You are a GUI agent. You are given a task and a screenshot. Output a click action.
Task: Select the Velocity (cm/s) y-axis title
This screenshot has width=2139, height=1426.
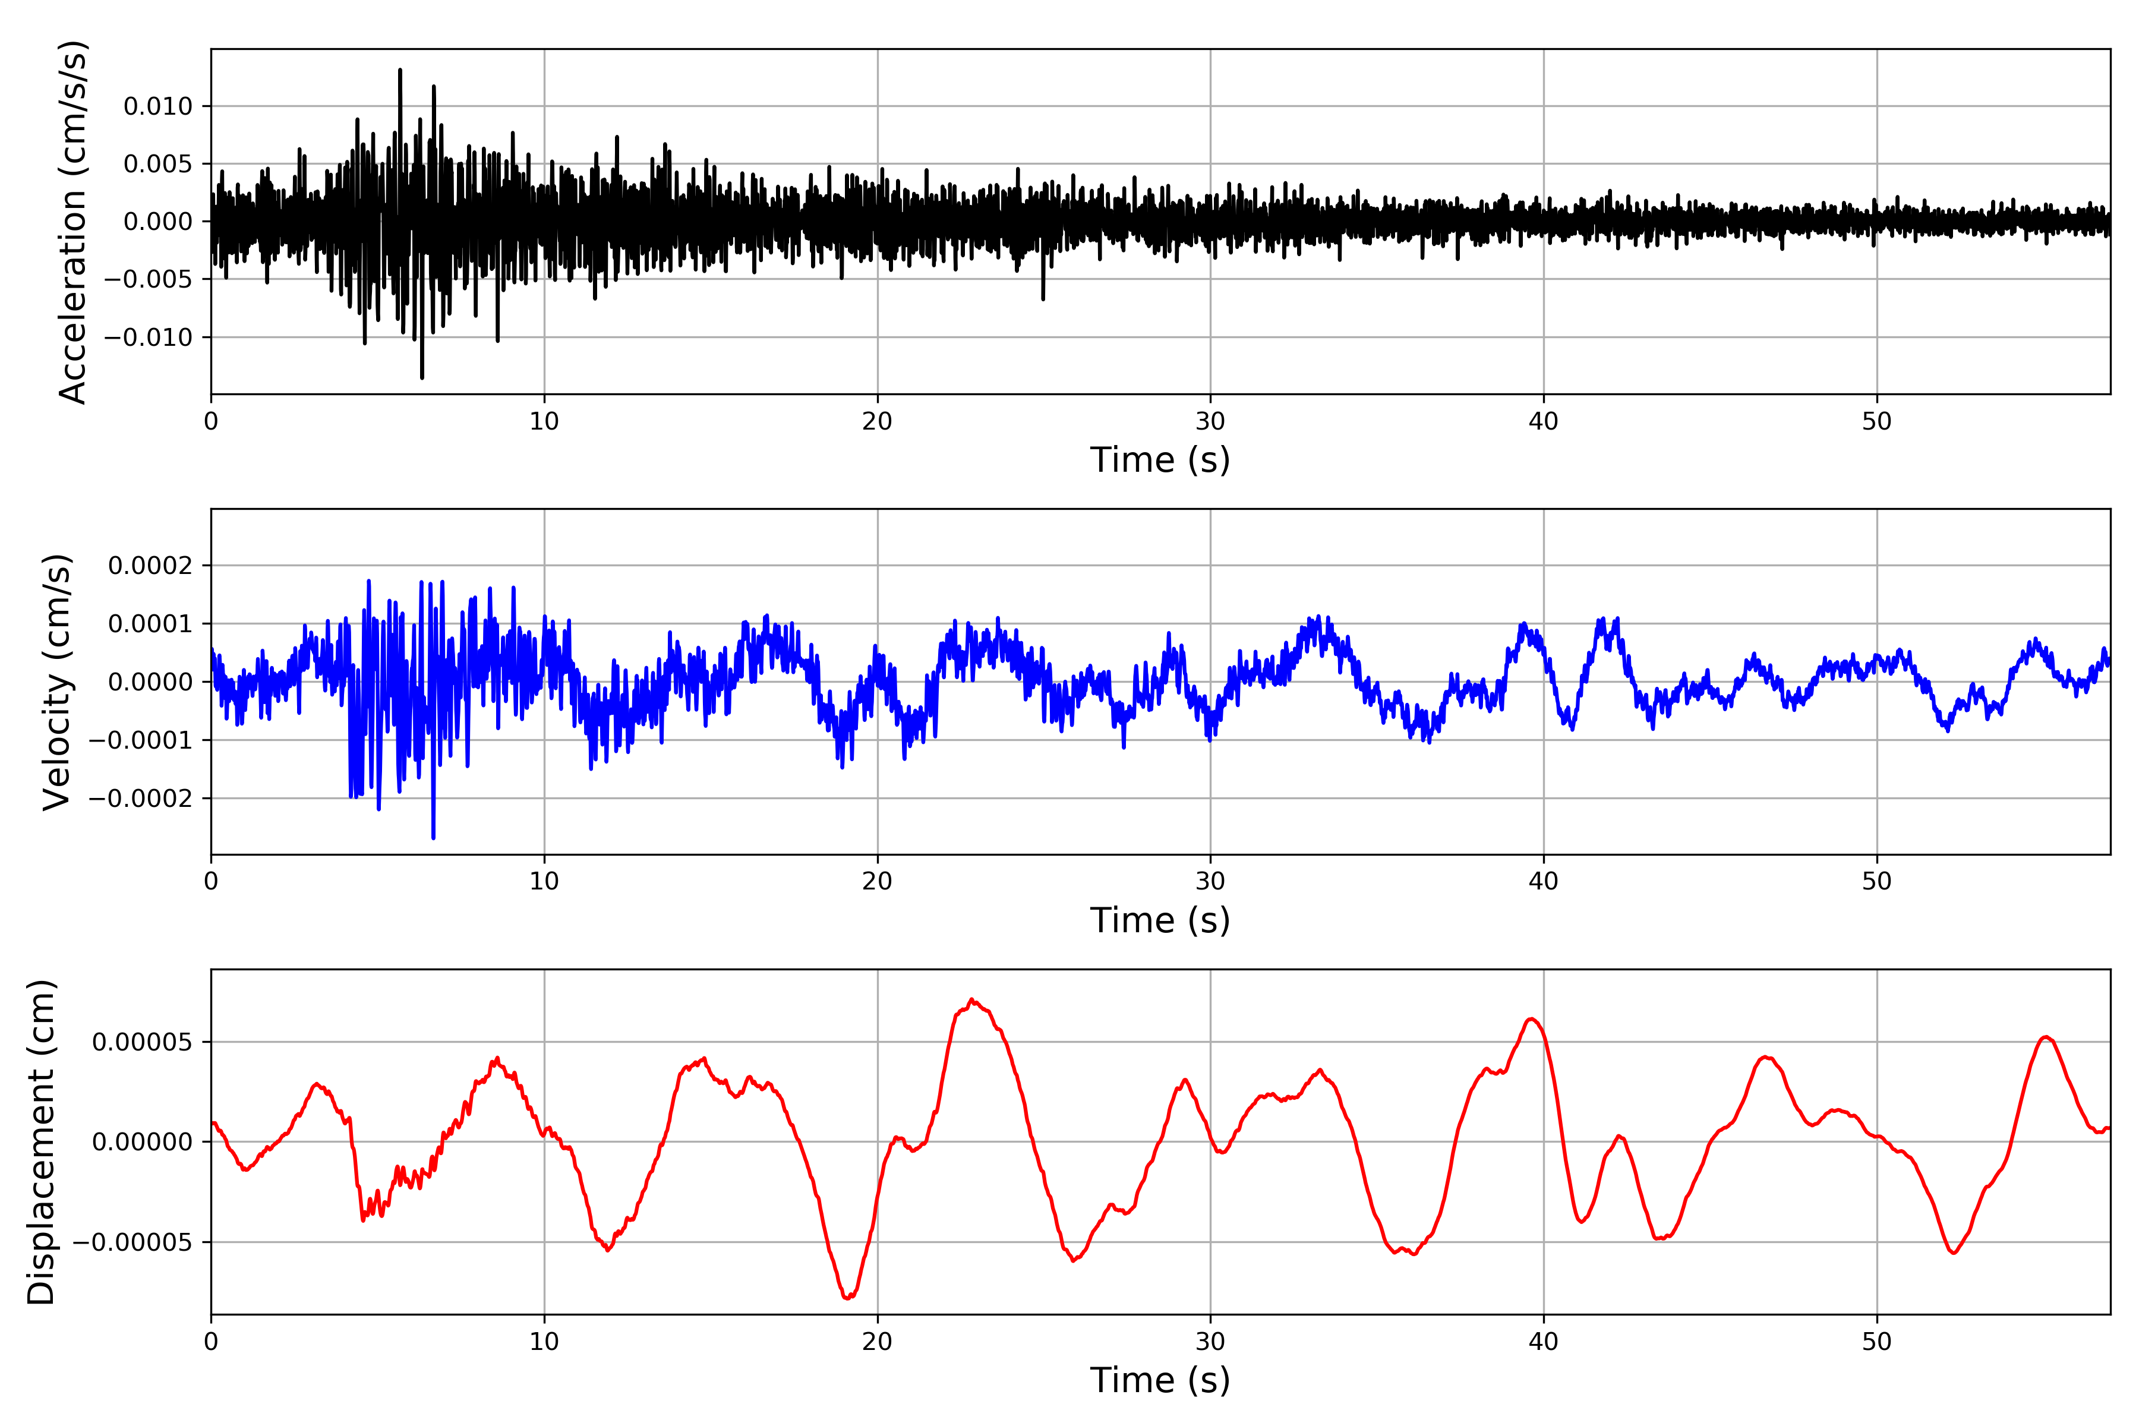(57, 682)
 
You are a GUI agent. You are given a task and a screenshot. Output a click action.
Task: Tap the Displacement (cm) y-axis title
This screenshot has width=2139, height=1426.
(42, 1142)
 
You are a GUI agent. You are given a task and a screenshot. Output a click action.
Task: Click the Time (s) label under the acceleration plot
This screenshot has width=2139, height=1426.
(1160, 460)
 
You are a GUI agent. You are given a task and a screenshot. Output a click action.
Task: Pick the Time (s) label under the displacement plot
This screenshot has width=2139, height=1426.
(1160, 1380)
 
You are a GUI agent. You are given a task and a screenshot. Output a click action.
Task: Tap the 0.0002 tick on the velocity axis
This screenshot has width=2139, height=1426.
(150, 566)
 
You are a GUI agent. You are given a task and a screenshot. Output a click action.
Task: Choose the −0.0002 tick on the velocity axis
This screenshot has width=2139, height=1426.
(140, 799)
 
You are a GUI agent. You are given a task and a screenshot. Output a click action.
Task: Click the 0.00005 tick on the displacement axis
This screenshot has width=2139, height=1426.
(142, 1042)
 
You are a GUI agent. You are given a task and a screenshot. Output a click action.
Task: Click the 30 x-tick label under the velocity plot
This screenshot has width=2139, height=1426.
(1210, 881)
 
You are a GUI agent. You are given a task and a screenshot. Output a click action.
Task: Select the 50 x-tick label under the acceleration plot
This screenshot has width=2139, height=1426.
(1876, 421)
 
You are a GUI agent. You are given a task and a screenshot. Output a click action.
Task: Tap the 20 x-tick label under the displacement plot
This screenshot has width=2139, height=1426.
(877, 1342)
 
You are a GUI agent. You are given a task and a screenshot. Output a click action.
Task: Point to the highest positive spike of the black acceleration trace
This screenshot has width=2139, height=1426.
(400, 70)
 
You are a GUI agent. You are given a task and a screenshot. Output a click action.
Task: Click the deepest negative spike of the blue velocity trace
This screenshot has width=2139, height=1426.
(433, 837)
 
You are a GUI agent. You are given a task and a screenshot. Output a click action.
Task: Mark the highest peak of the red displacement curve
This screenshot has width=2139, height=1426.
(972, 999)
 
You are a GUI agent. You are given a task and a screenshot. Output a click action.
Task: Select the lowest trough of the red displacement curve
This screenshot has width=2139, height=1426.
(847, 1298)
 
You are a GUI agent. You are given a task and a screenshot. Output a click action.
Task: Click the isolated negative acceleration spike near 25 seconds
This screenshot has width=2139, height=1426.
(1043, 298)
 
